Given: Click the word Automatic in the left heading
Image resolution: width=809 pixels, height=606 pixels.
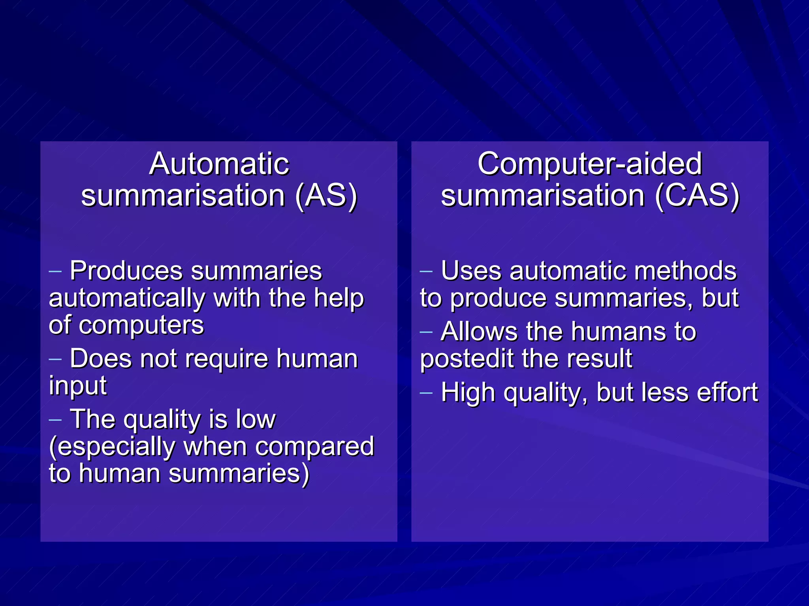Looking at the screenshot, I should click(219, 164).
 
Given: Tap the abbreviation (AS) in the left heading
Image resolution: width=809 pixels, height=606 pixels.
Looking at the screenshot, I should click(326, 196).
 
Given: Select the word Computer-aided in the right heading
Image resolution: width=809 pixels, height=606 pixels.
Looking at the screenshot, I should click(589, 164).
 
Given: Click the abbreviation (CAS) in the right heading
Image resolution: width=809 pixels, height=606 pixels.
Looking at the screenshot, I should click(697, 196).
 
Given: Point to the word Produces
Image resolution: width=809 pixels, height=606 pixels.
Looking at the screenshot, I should click(126, 271).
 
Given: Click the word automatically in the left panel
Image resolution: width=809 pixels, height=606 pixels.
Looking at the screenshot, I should click(127, 299).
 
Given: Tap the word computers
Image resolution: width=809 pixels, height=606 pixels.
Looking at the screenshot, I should click(141, 325).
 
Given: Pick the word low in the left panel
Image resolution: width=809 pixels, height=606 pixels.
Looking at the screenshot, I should click(255, 419).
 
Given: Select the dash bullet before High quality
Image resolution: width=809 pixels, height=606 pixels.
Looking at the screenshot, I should click(426, 393).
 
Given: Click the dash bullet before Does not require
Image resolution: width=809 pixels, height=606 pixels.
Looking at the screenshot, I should click(55, 359).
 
